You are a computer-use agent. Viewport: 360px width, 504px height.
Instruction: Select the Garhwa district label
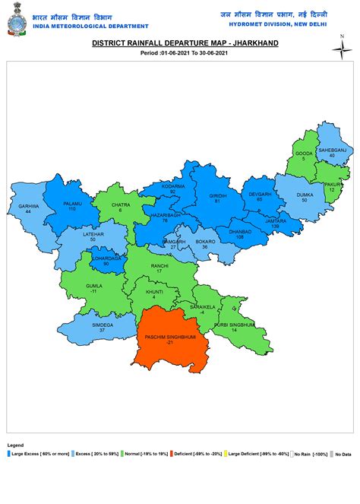coord(29,206)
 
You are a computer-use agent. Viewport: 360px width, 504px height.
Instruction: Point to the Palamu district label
coord(72,204)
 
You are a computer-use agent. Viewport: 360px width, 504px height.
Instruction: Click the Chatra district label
coord(120,204)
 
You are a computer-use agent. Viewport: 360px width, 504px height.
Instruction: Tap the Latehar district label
coord(93,235)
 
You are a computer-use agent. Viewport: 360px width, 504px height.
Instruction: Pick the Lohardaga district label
coord(106,258)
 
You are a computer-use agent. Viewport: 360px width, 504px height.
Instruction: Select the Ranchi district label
coord(159,266)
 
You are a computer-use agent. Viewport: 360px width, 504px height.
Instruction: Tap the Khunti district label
coord(154,291)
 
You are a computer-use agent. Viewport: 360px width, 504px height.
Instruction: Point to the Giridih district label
coord(218,196)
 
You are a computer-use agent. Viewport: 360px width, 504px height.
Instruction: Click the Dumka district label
coord(305,195)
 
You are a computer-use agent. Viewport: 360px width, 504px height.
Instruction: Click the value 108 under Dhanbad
coord(241,237)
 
